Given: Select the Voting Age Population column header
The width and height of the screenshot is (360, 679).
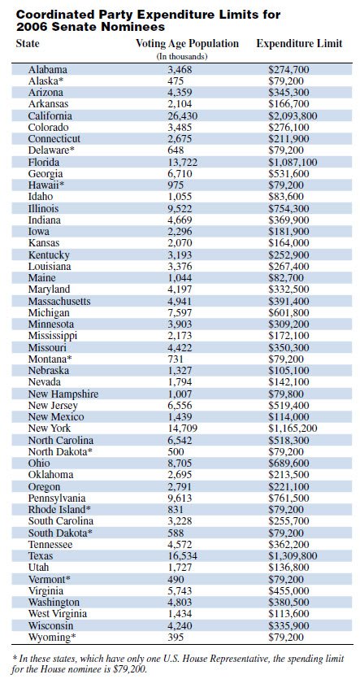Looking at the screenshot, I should point(186,42).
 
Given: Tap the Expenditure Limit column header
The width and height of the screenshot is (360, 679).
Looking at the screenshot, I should point(299,42).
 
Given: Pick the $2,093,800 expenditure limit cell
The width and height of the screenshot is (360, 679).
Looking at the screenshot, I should point(293,115).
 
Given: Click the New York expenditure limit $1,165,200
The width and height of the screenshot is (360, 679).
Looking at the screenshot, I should point(293,428).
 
